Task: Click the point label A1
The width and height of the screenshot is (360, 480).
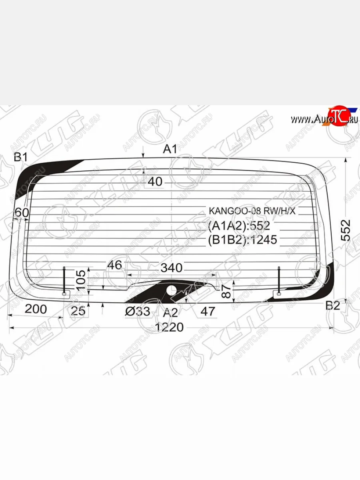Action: (170, 149)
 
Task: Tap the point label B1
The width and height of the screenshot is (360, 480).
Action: (20, 157)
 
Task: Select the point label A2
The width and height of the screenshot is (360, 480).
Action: (170, 312)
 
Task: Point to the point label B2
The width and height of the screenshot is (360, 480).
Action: (332, 306)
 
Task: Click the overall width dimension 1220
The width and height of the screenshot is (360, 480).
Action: (170, 327)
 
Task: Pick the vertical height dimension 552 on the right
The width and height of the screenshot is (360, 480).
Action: (346, 230)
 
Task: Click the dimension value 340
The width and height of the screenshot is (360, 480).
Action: (171, 268)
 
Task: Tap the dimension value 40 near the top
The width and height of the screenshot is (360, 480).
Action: (155, 182)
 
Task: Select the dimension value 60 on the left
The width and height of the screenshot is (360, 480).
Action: (21, 213)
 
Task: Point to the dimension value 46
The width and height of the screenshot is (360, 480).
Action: (114, 265)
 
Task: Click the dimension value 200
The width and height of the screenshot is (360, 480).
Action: (36, 309)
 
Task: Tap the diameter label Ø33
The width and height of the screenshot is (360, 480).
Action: (137, 311)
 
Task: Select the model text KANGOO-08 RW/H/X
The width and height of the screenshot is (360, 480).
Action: (252, 211)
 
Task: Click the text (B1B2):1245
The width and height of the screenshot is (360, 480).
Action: (242, 239)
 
